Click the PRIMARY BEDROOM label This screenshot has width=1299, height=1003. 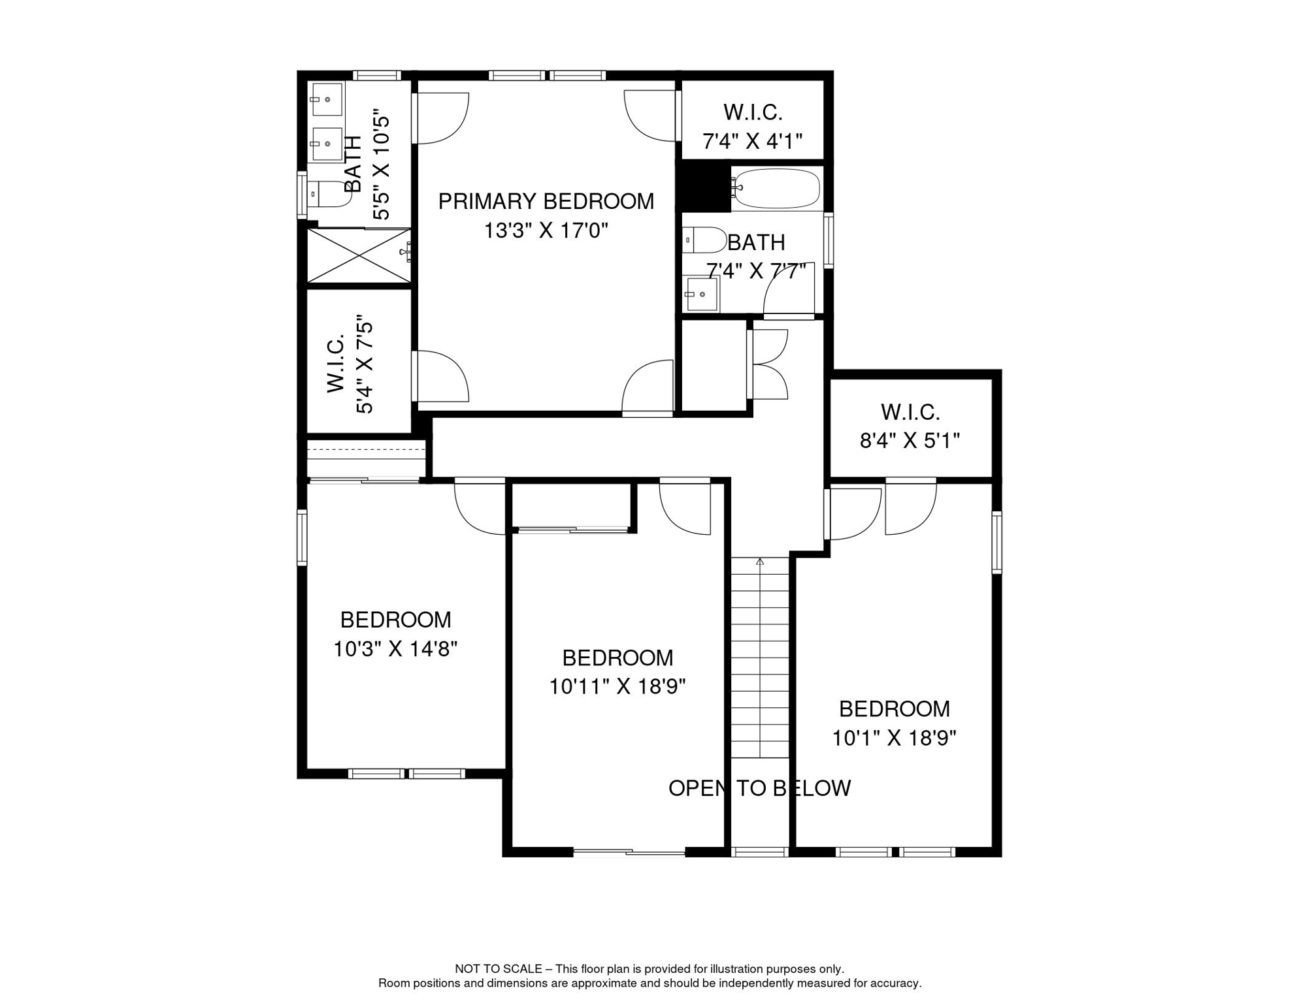click(x=546, y=201)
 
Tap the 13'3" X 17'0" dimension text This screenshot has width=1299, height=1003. click(x=546, y=231)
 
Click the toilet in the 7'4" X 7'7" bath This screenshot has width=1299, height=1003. click(x=704, y=240)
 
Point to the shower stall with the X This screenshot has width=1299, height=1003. click(x=359, y=256)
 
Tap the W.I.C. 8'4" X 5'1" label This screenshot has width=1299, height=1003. click(x=910, y=426)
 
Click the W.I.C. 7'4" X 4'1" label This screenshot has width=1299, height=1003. click(x=753, y=127)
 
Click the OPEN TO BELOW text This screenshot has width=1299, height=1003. click(x=759, y=788)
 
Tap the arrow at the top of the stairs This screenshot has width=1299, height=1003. click(x=760, y=562)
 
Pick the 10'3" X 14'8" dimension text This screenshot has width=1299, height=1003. click(x=395, y=649)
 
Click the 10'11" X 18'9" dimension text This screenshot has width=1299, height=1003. click(x=617, y=687)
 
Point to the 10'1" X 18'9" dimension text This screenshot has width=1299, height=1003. click(x=894, y=738)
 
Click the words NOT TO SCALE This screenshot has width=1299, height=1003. click(x=499, y=969)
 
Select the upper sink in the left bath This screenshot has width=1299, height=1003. click(x=327, y=99)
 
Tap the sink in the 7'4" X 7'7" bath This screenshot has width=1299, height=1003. click(x=701, y=295)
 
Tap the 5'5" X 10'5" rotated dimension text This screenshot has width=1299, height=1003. click(x=381, y=168)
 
